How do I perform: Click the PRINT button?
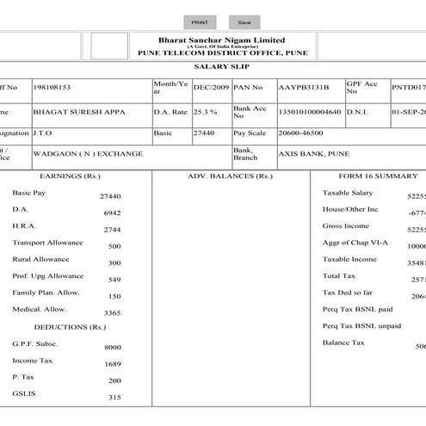pyautogui.click(x=200, y=22)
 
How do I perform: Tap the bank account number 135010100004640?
pyautogui.click(x=306, y=112)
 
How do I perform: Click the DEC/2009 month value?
pyautogui.click(x=210, y=87)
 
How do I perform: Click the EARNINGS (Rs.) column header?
pyautogui.click(x=74, y=176)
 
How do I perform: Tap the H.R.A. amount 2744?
pyautogui.click(x=112, y=230)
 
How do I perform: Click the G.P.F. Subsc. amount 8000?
pyautogui.click(x=113, y=347)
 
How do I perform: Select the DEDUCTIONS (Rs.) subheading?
pyautogui.click(x=70, y=327)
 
